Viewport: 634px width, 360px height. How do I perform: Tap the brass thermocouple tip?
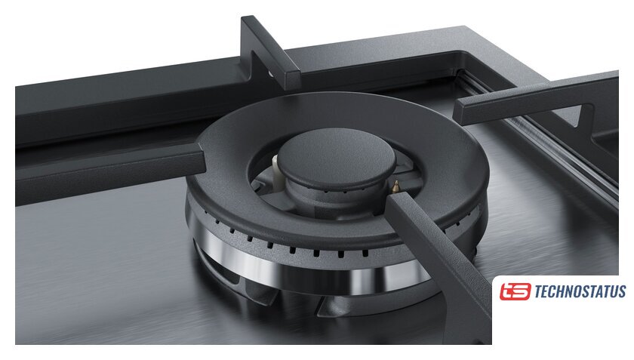[395, 186]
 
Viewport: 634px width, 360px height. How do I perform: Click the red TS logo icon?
[515, 291]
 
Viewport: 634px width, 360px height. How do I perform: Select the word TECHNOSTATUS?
[580, 291]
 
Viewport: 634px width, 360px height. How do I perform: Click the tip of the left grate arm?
[202, 160]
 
